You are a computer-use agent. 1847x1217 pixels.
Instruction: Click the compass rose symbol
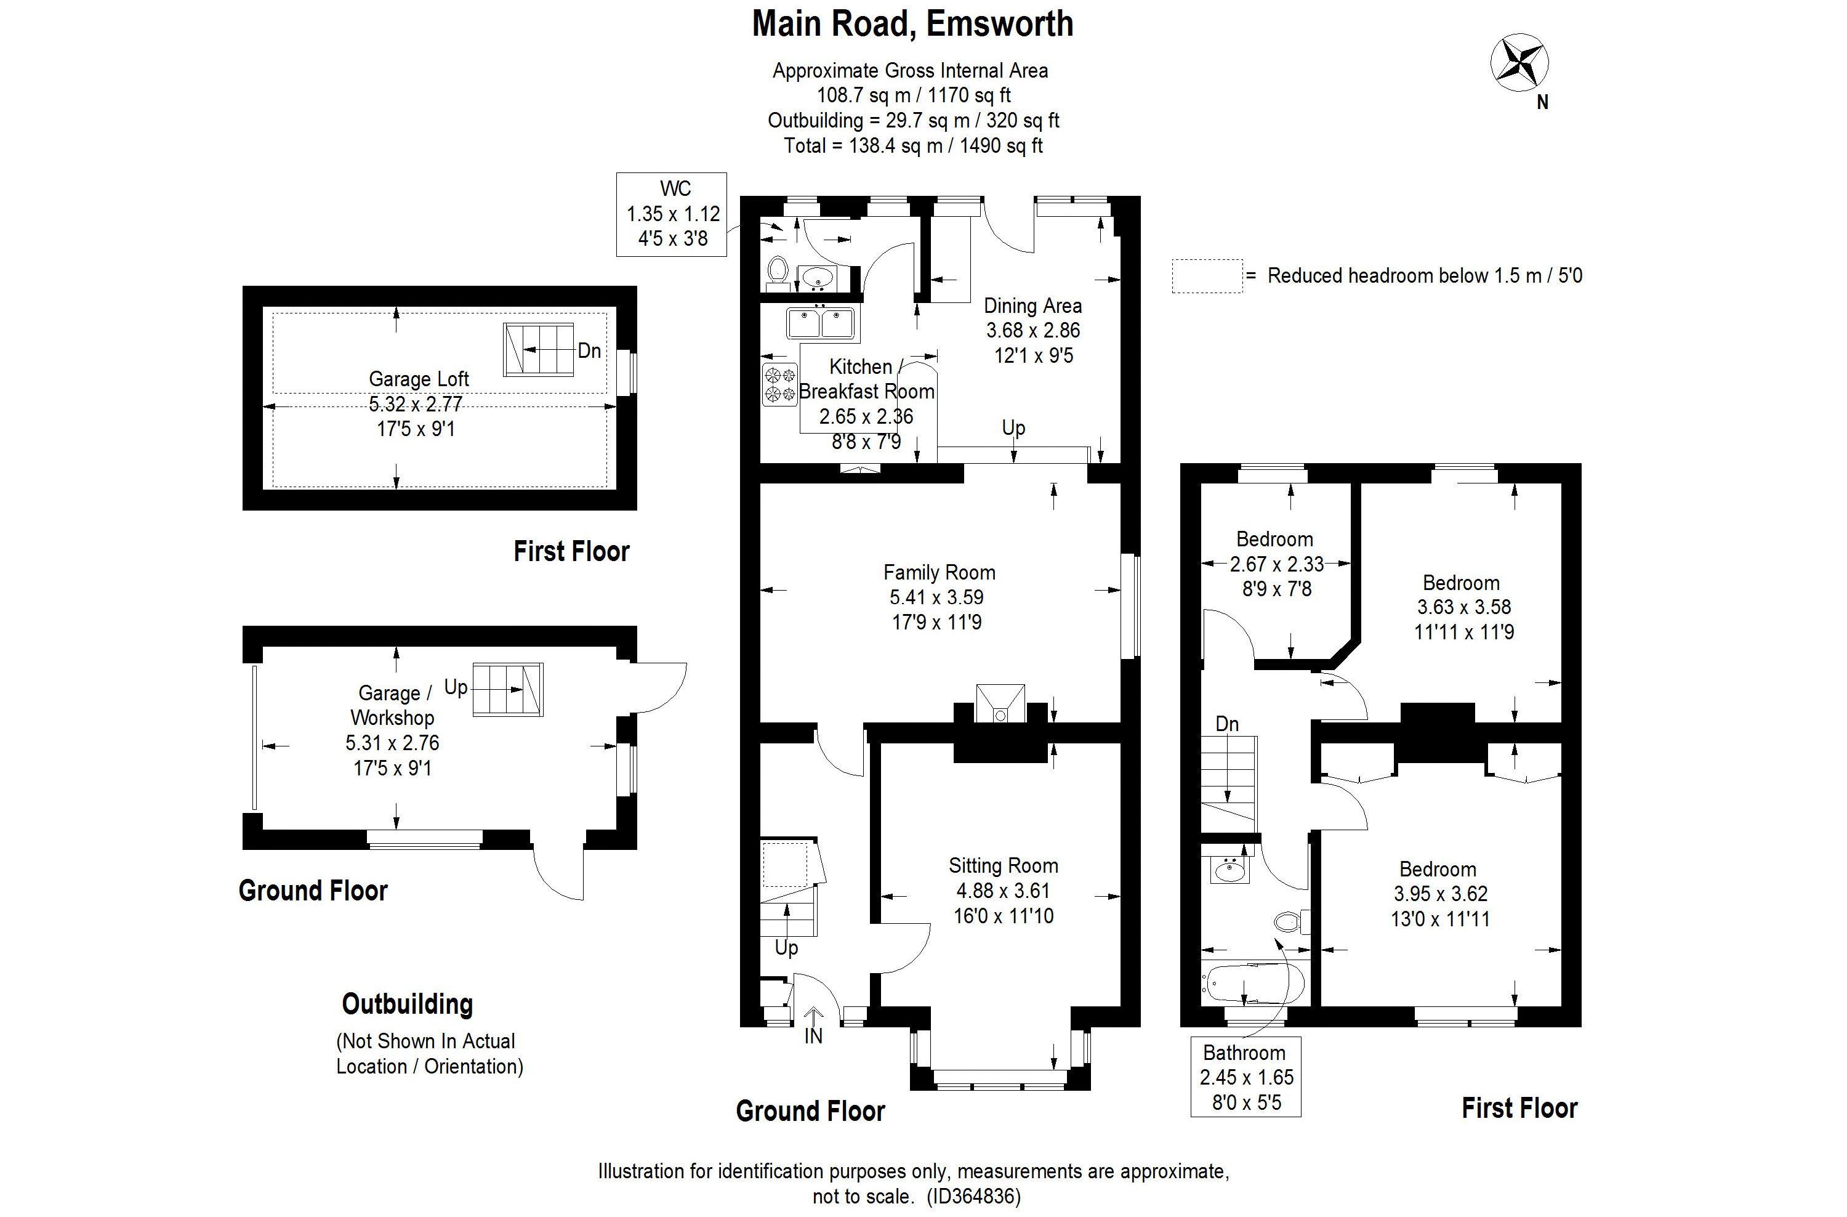1519,62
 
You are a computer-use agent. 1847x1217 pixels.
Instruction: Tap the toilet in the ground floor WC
777,271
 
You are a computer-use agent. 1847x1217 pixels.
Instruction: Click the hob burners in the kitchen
780,384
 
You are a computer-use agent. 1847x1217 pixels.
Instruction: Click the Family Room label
939,573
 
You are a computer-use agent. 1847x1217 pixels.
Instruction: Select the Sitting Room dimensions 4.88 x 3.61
1003,890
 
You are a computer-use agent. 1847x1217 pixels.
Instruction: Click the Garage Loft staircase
539,349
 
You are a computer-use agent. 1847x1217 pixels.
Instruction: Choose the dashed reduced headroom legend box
1207,275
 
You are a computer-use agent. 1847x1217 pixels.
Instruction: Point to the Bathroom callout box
1245,1077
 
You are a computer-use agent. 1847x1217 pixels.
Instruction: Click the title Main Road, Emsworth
912,24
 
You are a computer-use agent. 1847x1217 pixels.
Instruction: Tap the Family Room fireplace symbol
1000,704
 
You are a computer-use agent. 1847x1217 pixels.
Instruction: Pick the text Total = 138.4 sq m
912,146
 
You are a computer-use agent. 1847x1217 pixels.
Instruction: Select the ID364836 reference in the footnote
974,1196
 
